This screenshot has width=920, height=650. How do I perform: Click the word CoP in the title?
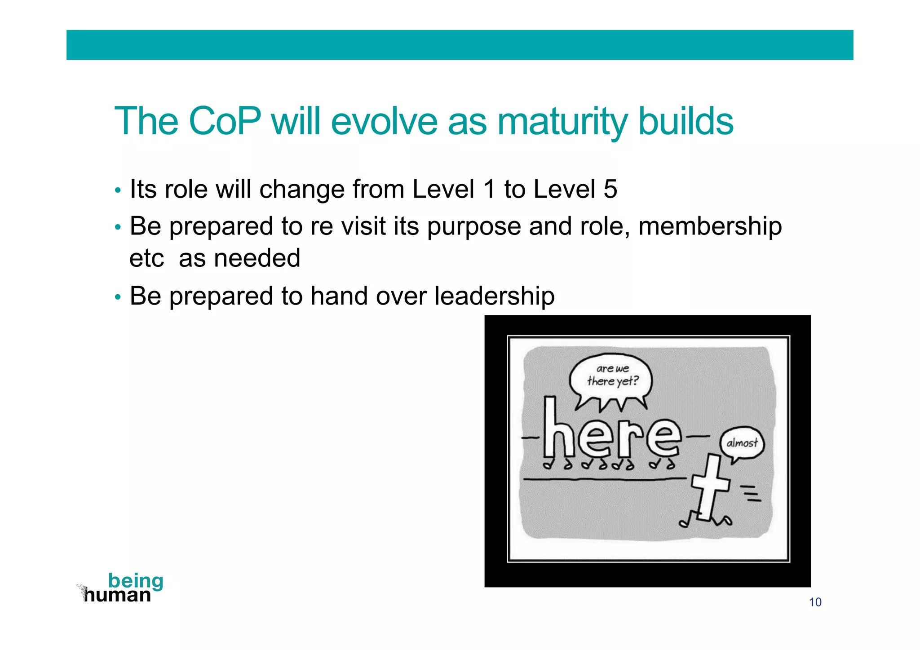click(x=224, y=121)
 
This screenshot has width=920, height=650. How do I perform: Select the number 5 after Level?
click(x=610, y=189)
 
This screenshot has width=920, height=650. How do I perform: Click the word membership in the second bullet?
click(x=710, y=226)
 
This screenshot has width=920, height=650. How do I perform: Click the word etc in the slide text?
click(x=146, y=259)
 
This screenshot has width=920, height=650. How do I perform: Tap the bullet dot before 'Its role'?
click(x=118, y=191)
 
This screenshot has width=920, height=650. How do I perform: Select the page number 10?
click(x=815, y=602)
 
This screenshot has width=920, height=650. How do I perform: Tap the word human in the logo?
click(x=118, y=596)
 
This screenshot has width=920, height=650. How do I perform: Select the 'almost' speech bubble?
click(x=742, y=443)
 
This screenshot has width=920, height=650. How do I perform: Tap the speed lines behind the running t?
click(x=751, y=493)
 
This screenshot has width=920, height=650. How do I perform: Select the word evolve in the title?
click(x=384, y=121)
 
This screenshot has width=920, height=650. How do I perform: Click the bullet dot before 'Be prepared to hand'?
click(x=118, y=298)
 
